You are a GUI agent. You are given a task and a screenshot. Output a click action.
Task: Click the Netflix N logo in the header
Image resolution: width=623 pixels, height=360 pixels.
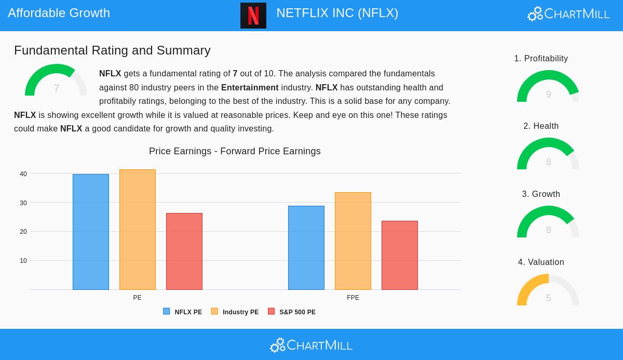pos(253,16)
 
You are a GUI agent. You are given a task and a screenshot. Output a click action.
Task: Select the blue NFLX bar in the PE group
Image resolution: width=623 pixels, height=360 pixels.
pos(91,232)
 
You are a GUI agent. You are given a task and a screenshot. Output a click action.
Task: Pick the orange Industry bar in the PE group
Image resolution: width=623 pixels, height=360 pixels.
pos(138,230)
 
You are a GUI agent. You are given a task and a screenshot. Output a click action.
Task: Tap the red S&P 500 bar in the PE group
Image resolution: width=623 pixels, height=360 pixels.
pos(184,251)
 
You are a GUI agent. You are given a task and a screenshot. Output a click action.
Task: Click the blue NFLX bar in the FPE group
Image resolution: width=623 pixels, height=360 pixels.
pos(306,248)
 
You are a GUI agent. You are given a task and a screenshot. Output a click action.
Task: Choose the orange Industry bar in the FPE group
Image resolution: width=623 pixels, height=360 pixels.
pos(353,241)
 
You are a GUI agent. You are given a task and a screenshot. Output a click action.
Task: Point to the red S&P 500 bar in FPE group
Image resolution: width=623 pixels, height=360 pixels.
pos(400,255)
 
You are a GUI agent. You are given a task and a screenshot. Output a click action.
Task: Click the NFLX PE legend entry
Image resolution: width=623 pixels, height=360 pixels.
pos(183,312)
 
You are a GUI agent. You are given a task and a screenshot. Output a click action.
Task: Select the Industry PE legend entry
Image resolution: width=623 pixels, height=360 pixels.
pos(235,312)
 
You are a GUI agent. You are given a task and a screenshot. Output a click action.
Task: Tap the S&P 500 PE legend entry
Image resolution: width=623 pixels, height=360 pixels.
pos(292,312)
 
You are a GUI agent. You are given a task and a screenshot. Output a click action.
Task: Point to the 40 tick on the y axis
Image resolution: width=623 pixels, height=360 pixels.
pos(23,174)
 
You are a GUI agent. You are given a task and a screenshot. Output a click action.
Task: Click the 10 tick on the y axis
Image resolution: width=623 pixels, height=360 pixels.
pos(23,261)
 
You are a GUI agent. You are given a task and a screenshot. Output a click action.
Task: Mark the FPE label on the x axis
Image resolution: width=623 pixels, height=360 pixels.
pos(353,298)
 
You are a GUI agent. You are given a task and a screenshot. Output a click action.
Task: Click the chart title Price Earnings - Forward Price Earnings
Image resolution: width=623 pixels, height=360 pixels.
pos(235,151)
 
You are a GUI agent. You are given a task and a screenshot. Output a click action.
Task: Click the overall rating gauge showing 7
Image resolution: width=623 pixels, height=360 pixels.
pos(56,82)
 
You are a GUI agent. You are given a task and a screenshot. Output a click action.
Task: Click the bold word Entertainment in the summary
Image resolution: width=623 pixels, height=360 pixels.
pos(250,87)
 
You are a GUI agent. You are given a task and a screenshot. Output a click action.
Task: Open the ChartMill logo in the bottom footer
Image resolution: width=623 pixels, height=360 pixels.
pos(311,345)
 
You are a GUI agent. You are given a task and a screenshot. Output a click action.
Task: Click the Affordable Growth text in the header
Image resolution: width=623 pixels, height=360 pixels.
pos(59,13)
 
